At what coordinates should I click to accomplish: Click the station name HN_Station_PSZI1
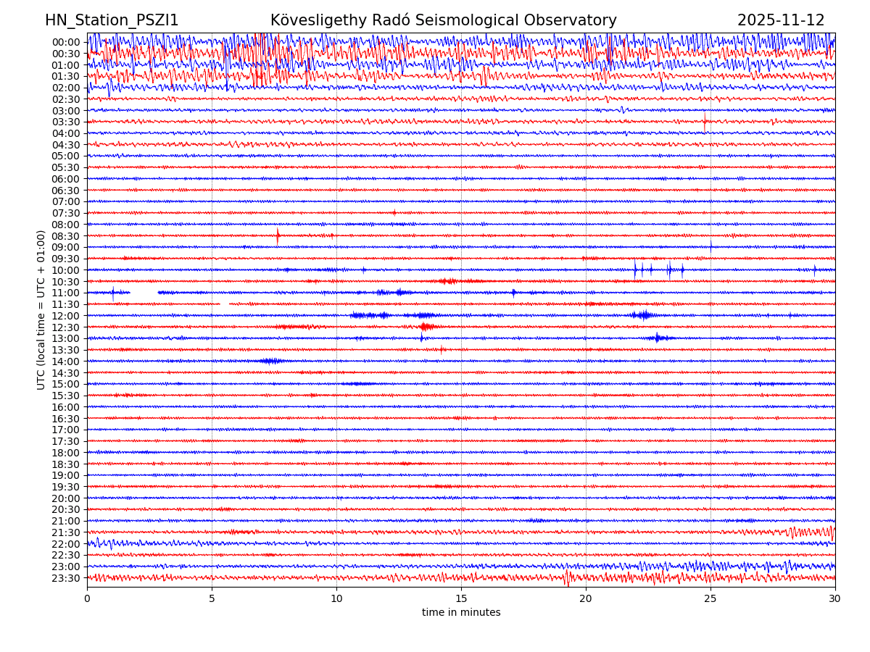[112, 21]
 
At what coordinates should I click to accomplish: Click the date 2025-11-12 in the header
[781, 21]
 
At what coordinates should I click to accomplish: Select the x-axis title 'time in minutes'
[461, 613]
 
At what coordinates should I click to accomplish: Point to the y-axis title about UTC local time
[41, 309]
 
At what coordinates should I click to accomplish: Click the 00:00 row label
[66, 42]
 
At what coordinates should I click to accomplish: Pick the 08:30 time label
[66, 236]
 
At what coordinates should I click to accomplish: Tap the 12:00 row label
[66, 316]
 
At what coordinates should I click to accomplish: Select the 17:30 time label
[66, 441]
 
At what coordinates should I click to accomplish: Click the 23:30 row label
[66, 578]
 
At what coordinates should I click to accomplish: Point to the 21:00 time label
[66, 521]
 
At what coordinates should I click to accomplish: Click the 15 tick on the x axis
[461, 598]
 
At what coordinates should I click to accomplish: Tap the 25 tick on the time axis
[710, 598]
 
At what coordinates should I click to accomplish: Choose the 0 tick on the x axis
[87, 598]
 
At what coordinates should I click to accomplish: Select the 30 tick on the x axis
[835, 598]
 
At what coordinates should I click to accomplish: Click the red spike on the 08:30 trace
[277, 235]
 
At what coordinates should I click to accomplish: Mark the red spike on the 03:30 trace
[705, 121]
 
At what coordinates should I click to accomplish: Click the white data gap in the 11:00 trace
[144, 292]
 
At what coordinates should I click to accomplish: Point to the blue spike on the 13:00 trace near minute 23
[657, 337]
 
